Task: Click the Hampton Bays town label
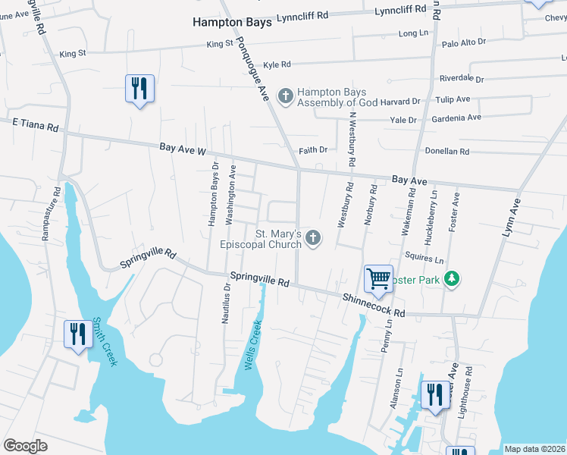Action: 231,23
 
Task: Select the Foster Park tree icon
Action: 452,280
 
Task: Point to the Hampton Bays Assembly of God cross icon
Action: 285,96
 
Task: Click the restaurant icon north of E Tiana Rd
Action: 139,89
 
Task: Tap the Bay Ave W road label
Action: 183,151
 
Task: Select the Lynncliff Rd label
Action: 303,16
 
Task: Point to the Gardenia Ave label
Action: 456,118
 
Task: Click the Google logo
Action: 25,446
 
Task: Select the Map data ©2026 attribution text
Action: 534,449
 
